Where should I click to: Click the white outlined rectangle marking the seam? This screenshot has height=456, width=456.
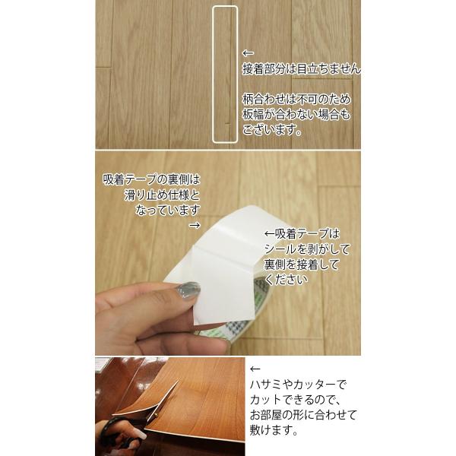pyautogui.click(x=213, y=74)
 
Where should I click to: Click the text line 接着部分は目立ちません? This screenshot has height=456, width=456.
pyautogui.click(x=302, y=69)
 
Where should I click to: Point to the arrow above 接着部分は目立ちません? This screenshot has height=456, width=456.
pyautogui.click(x=248, y=53)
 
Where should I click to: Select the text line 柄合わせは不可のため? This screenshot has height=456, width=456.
pyautogui.click(x=296, y=100)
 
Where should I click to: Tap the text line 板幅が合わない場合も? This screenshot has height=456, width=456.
pyautogui.click(x=296, y=115)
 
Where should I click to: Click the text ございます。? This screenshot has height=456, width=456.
pyautogui.click(x=272, y=130)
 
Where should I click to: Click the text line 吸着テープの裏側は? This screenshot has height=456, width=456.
pyautogui.click(x=151, y=179)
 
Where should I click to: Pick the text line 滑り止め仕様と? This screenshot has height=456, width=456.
pyautogui.click(x=163, y=195)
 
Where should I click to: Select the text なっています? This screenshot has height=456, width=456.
pyautogui.click(x=168, y=210)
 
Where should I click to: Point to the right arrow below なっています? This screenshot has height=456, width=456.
pyautogui.click(x=195, y=226)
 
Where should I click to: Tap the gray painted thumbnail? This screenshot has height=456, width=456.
pyautogui.click(x=188, y=291)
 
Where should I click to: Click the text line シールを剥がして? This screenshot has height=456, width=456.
pyautogui.click(x=307, y=249)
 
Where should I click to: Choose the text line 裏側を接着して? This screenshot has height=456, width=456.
pyautogui.click(x=302, y=264)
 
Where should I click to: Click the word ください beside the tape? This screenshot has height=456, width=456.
pyautogui.click(x=286, y=280)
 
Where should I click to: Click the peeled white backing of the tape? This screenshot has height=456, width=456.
pyautogui.click(x=221, y=279)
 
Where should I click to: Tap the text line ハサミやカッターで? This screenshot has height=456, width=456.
pyautogui.click(x=298, y=385)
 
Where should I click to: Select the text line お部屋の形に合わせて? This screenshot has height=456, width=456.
pyautogui.click(x=303, y=415)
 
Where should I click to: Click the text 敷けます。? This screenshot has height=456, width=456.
pyautogui.click(x=274, y=430)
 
